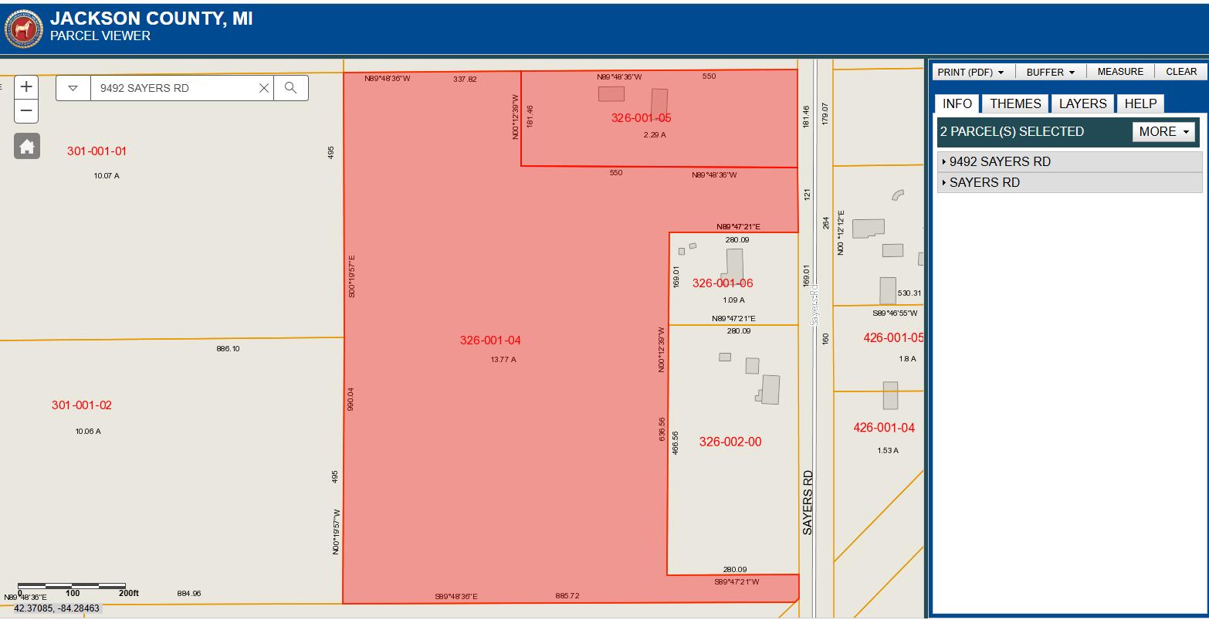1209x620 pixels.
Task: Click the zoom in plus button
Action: (26, 86)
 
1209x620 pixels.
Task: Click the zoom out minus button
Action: (26, 110)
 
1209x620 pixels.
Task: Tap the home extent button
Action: (27, 146)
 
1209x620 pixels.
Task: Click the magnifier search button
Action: (290, 88)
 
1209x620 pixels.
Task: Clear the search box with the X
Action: (264, 88)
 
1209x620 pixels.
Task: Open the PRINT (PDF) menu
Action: (970, 72)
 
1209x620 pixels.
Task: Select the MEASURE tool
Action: (1120, 72)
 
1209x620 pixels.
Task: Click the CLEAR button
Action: (1181, 72)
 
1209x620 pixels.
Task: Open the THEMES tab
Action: (1015, 103)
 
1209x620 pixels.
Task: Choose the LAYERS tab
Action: (1082, 103)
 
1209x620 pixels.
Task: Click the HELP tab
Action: (1140, 103)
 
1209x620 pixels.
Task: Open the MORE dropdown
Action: (1163, 131)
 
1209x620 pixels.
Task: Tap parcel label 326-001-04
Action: (490, 340)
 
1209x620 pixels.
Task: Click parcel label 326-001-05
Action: (641, 118)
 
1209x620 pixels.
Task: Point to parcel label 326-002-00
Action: (730, 442)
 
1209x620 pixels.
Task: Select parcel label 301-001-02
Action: (82, 405)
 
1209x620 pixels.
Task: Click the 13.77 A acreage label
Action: (503, 360)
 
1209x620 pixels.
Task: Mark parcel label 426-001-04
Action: (884, 428)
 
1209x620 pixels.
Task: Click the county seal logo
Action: (24, 29)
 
